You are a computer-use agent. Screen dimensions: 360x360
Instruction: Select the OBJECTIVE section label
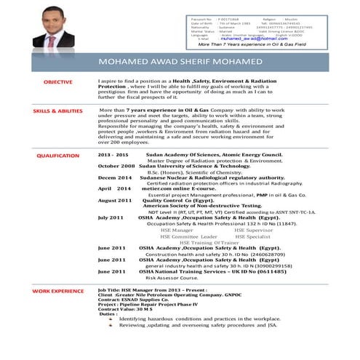pos(58,82)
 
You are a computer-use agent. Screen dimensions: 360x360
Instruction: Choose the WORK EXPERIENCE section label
pos(58,291)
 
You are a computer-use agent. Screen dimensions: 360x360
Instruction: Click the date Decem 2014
pos(115,176)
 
